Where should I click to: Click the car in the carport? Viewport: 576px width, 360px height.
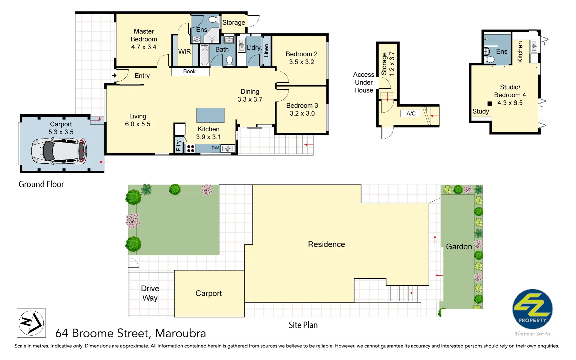(59, 151)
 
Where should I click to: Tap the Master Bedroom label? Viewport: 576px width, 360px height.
(144, 35)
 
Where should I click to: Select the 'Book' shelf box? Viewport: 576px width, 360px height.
(190, 72)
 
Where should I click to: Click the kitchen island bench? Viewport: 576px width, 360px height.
(210, 115)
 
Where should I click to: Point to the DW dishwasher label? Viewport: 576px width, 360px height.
(215, 148)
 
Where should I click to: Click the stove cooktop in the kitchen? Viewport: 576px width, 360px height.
(190, 148)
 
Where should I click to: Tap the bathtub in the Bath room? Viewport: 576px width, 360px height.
(204, 56)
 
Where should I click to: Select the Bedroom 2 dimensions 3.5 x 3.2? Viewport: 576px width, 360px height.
(302, 62)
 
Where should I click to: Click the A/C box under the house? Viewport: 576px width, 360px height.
(411, 114)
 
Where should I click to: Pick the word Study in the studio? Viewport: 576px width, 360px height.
(480, 111)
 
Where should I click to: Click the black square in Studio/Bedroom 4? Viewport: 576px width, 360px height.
(490, 104)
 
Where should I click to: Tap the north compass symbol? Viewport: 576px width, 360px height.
(31, 323)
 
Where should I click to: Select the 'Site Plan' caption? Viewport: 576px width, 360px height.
(303, 325)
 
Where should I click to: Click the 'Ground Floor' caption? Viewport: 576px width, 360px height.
(41, 184)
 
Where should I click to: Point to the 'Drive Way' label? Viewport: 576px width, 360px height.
(150, 293)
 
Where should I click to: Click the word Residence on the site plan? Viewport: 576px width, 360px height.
(326, 244)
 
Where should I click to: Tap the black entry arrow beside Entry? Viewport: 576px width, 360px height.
(114, 76)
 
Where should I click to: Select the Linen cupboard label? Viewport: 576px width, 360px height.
(266, 51)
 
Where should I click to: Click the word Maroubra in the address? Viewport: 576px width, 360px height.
(180, 333)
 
